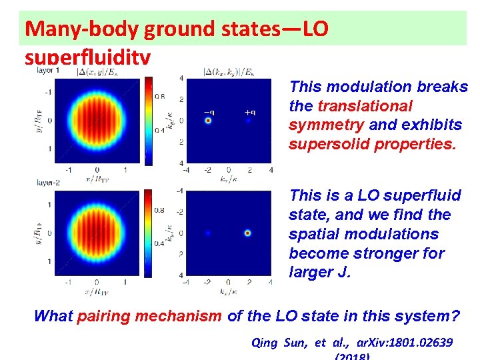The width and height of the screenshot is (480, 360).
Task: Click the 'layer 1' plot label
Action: (x=48, y=70)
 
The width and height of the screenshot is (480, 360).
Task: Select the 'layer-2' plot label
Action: (x=48, y=181)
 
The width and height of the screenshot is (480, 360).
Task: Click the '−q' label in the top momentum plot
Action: (x=209, y=112)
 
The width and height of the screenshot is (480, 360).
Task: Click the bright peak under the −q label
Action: (x=209, y=121)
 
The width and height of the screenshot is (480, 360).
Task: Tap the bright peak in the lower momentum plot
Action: (x=248, y=233)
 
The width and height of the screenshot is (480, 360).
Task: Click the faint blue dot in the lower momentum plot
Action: (x=209, y=233)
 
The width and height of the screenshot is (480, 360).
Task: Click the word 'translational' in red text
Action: (x=365, y=106)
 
